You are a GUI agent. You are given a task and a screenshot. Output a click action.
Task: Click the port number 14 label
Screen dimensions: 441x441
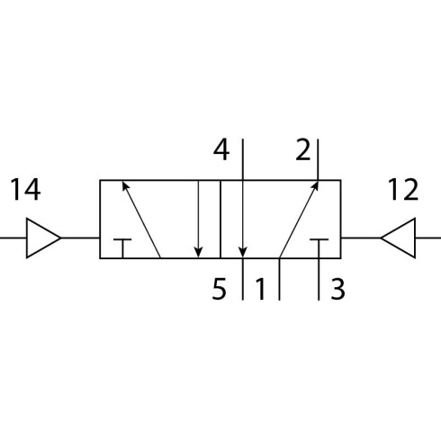coord(25,190)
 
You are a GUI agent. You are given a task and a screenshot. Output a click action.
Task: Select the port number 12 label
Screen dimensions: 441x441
coord(403,189)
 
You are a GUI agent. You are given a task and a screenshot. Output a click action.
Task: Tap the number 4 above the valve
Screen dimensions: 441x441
coord(221,149)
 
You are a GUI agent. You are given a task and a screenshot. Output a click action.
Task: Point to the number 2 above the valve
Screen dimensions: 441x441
coord(303,149)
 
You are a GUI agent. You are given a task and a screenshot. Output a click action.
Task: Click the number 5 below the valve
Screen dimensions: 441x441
coord(219,289)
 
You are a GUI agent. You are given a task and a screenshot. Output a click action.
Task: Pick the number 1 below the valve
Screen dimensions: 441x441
coord(260,289)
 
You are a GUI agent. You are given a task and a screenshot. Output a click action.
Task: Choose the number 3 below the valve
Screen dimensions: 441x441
coord(337,289)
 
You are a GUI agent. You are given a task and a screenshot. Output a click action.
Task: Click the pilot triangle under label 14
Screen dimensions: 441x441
coord(43,238)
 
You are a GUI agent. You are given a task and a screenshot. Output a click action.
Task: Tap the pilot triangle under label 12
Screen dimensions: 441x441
coord(398,238)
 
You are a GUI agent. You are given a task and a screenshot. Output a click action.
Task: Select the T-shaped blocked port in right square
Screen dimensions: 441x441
coord(319,240)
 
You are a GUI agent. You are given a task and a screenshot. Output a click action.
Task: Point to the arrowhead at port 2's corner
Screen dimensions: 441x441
coord(315,185)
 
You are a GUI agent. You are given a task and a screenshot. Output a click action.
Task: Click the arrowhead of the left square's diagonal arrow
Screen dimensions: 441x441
coord(126,185)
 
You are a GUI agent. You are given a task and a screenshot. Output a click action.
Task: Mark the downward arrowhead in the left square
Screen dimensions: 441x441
coord(198,252)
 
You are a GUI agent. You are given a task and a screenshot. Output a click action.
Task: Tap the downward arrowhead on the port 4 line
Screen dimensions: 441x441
coord(243,252)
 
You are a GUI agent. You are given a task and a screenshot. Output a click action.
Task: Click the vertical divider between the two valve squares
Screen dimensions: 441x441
coord(220,219)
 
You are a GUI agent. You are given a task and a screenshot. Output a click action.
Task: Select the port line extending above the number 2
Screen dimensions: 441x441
coord(318,159)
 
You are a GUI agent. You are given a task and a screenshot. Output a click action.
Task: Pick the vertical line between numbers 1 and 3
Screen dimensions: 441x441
coord(280,279)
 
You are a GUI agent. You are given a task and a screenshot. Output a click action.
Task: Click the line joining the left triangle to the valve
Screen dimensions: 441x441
coord(80,238)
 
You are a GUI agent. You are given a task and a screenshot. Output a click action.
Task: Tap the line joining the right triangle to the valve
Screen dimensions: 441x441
coord(361,238)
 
